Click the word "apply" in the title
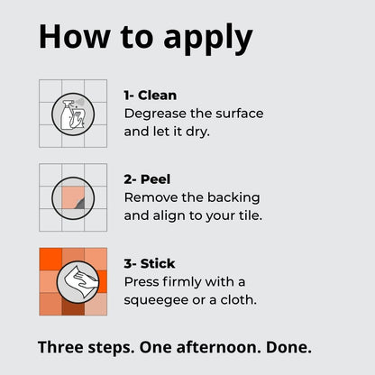pos(208,40)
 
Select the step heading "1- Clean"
pos(151,96)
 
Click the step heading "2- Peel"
pos(147,179)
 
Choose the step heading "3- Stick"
pos(150,264)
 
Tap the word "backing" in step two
pos(233,198)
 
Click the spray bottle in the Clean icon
pos(67,115)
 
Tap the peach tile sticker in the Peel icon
pos(73,197)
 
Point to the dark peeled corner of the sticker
pos(80,205)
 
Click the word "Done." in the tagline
pos(288,347)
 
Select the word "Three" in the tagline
pos(60,347)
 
